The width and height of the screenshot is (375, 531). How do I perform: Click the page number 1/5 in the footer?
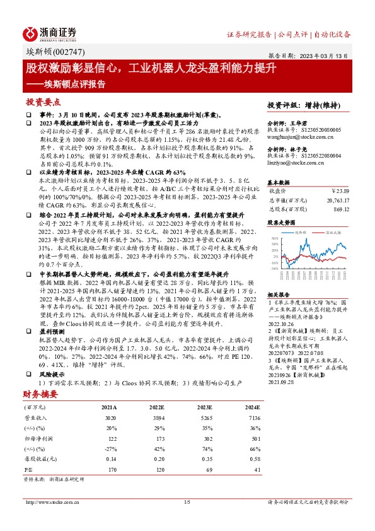pos(187,502)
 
